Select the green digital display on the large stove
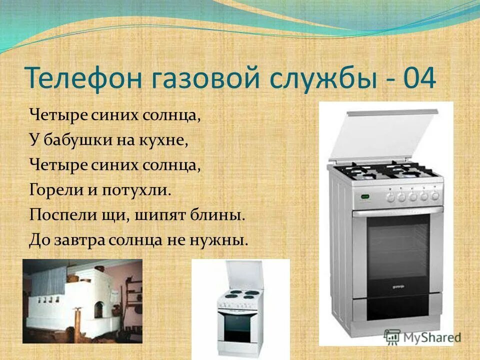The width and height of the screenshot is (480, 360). pos(365,195)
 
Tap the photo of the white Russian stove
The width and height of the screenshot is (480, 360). pos(82,301)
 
